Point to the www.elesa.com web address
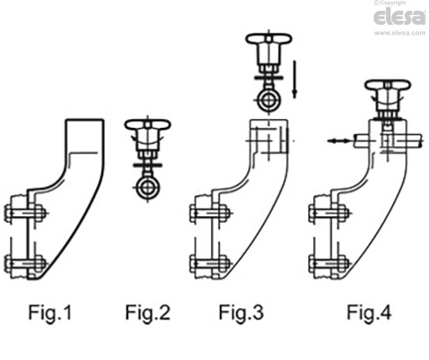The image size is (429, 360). coord(399,33)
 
